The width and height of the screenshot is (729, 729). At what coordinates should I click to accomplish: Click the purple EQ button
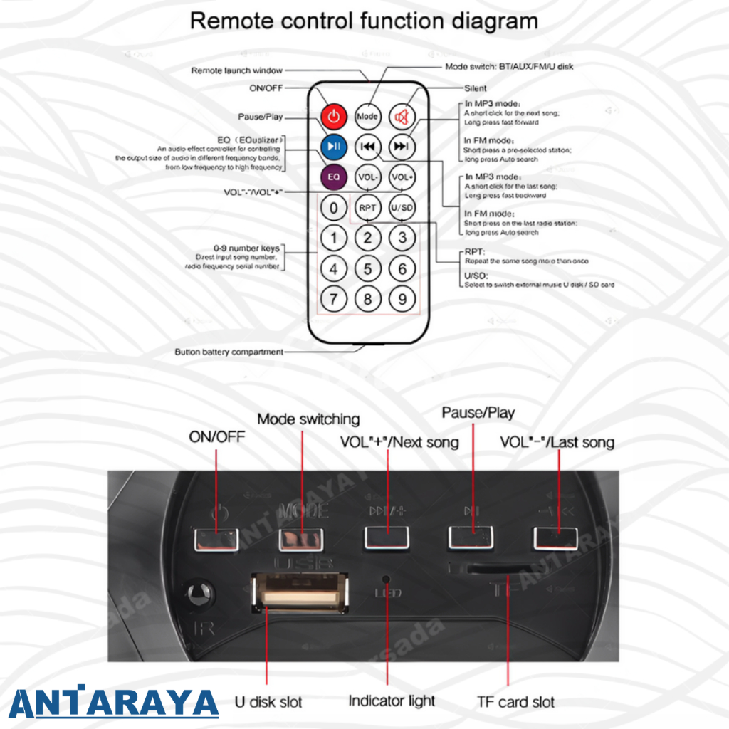pos(333,176)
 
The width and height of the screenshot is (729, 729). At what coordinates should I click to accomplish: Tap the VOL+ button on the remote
pos(402,176)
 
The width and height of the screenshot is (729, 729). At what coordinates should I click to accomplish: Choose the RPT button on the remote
pos(367,208)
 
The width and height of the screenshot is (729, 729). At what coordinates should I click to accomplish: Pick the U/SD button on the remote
pos(402,208)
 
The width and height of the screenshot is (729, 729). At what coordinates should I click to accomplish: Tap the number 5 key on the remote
pos(367,269)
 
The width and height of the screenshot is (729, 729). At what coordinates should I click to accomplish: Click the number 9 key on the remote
pos(402,299)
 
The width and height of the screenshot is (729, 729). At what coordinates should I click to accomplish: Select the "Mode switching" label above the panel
pos(308,419)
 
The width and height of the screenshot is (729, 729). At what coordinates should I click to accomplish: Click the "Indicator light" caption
pos(392,701)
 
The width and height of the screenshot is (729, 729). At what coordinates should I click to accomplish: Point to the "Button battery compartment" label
pos(229,352)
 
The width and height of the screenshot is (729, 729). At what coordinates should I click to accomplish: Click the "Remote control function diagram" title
pos(364,21)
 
